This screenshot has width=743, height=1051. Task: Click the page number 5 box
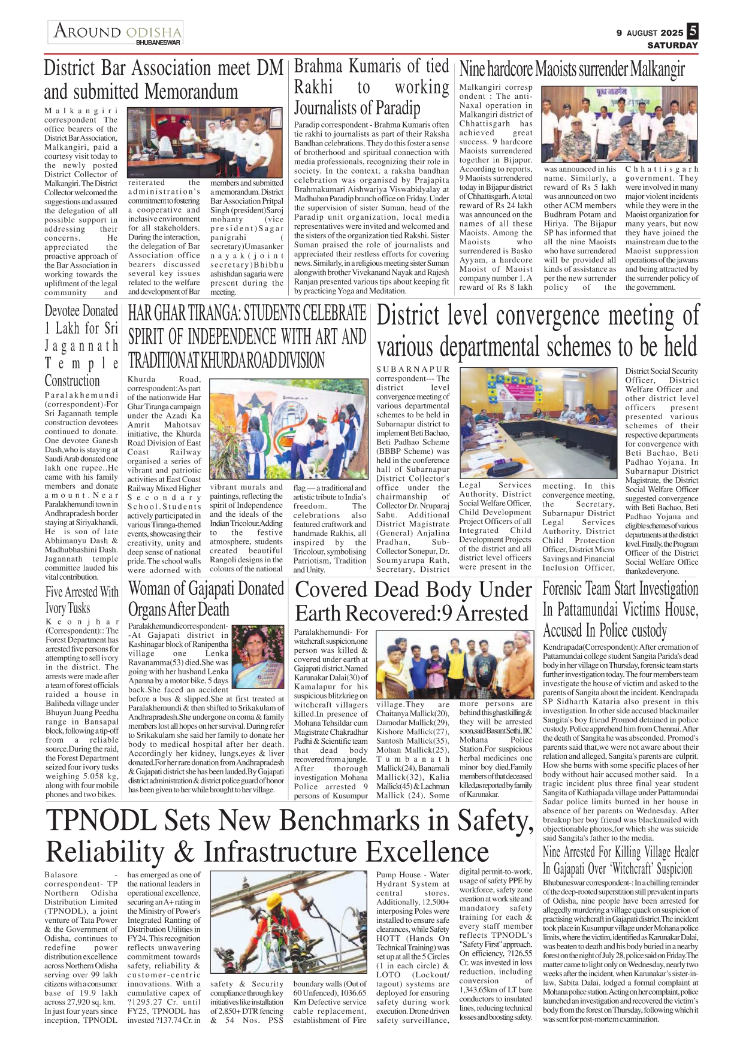click(692, 31)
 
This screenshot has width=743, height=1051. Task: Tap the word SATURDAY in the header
click(672, 46)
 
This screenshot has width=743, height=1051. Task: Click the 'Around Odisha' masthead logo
click(116, 32)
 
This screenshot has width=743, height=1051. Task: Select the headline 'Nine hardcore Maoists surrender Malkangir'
click(572, 69)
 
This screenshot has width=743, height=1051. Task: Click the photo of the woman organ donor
click(258, 656)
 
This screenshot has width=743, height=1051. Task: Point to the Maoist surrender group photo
click(620, 125)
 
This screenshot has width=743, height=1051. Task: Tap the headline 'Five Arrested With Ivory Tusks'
click(82, 599)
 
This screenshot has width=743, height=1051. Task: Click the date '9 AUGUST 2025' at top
click(650, 33)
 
